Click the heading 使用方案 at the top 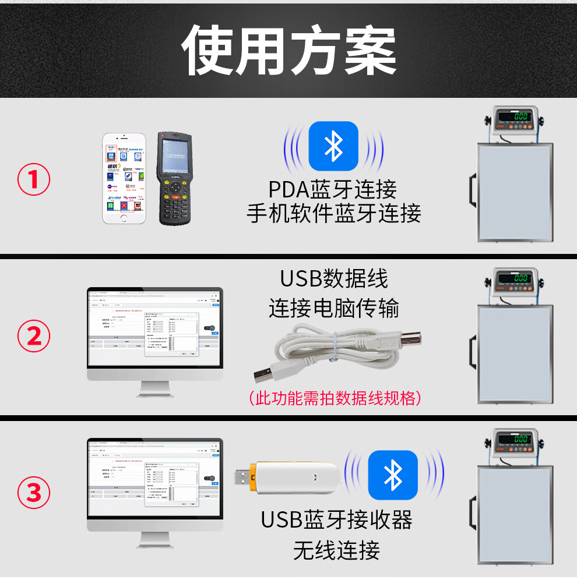[x=288, y=50]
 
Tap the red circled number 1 [x=34, y=180]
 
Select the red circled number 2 [x=34, y=336]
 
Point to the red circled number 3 [x=34, y=493]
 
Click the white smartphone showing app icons [x=124, y=178]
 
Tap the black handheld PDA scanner [x=175, y=178]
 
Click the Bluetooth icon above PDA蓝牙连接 [x=333, y=146]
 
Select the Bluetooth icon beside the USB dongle [x=393, y=475]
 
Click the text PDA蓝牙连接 [x=333, y=189]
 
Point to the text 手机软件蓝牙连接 [x=333, y=214]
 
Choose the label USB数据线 [x=334, y=279]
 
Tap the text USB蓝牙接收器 [x=336, y=519]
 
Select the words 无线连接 [x=336, y=550]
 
